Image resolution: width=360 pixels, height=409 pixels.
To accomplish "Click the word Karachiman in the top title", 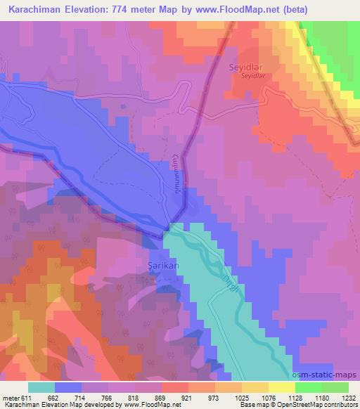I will [37, 8].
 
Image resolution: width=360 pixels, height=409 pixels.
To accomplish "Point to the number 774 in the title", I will [131, 8].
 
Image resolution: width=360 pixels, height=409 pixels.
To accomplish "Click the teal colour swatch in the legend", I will [41, 387].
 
